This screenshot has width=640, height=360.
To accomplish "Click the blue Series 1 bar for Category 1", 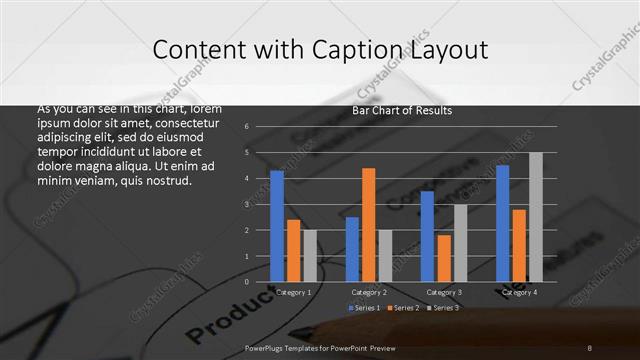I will coord(277,226).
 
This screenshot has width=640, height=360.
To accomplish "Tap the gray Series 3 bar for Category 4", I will coord(536,217).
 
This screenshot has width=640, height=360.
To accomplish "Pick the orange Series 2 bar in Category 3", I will coord(444,258).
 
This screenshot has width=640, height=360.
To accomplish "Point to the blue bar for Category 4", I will coord(502,223).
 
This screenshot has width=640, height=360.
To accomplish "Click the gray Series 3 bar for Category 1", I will coord(310,256).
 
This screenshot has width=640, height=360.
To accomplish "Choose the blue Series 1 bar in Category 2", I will coord(352,249).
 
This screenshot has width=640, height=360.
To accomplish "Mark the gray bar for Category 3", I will coord(460,243).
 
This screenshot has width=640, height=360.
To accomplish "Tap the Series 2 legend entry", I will coord(402,307).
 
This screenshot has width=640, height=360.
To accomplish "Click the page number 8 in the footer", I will coord(589,347).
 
